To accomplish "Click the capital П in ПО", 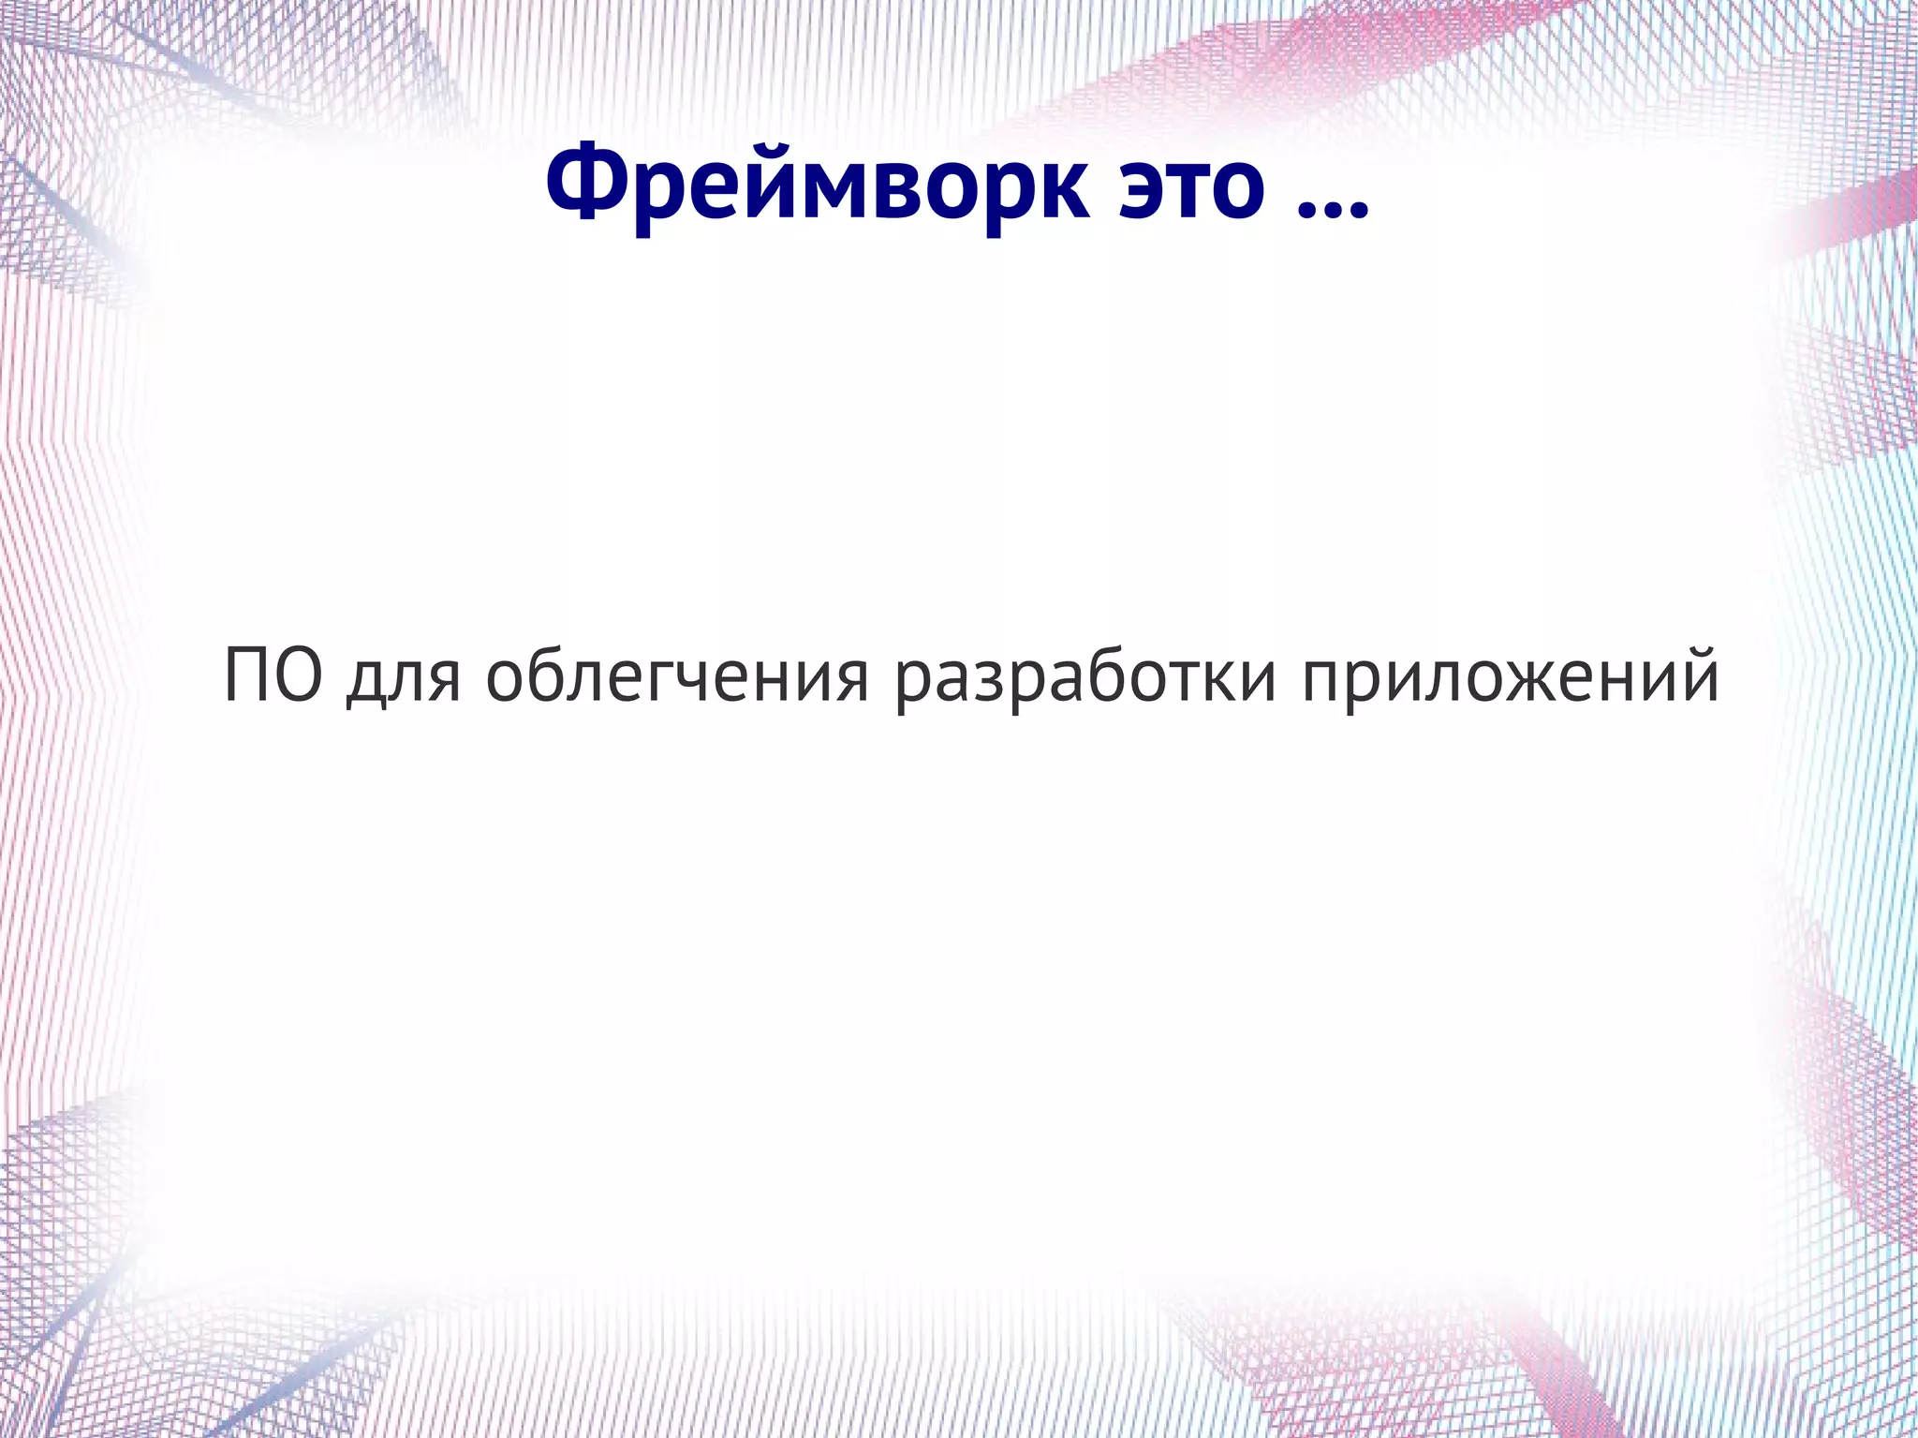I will coord(248,676).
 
